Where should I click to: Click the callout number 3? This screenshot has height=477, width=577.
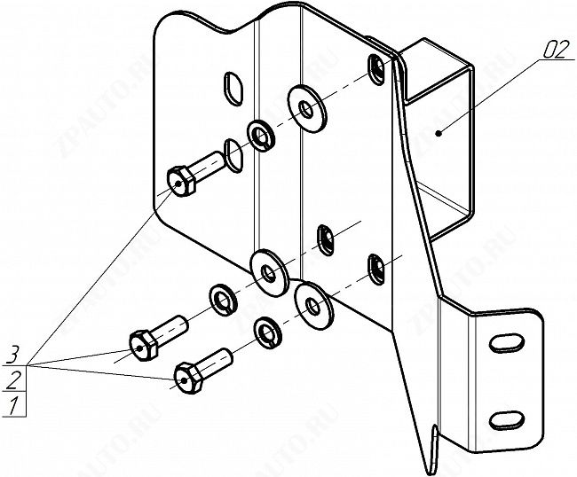click(x=12, y=356)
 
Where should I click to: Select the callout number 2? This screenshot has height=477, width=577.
click(x=12, y=380)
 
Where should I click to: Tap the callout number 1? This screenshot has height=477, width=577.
click(x=13, y=405)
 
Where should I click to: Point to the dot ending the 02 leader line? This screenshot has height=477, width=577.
click(x=439, y=133)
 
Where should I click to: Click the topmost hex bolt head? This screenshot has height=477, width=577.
click(x=181, y=181)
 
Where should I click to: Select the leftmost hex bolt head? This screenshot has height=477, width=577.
click(x=143, y=346)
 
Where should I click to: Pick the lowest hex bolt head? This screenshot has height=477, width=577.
click(x=188, y=379)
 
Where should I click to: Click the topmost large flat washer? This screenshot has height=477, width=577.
click(x=307, y=109)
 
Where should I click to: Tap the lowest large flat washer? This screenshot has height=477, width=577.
click(x=314, y=306)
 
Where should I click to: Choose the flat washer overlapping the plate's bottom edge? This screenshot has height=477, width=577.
click(x=269, y=273)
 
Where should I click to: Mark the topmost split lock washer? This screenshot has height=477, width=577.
click(x=260, y=135)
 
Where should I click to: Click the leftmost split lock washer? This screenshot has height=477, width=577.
click(x=223, y=300)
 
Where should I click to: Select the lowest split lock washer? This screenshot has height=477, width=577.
click(x=267, y=332)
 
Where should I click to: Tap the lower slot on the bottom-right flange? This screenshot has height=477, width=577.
click(x=506, y=419)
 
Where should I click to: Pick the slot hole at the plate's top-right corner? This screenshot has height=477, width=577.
click(x=375, y=69)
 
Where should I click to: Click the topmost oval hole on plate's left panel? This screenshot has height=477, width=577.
click(x=233, y=88)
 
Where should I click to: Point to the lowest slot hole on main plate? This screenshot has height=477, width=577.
click(x=376, y=269)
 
